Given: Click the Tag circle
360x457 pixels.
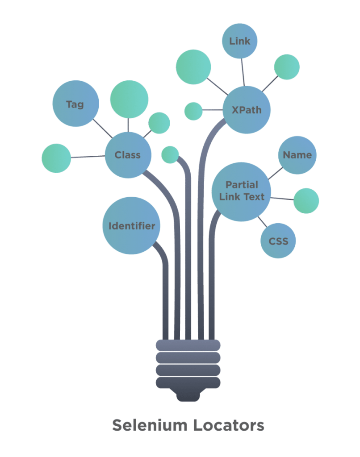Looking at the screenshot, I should [x=75, y=104].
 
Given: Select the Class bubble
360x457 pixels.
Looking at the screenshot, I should [x=128, y=155].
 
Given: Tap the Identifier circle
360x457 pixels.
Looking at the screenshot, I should [x=131, y=226].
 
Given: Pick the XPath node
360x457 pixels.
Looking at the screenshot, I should [x=247, y=110].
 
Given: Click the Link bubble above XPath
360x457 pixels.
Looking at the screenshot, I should [x=240, y=41].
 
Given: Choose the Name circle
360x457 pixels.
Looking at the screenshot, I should [x=297, y=155].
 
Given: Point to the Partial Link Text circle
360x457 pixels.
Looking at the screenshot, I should [x=242, y=191].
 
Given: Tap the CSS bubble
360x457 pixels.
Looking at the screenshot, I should [x=278, y=241].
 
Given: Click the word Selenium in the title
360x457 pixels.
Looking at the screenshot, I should [x=150, y=425].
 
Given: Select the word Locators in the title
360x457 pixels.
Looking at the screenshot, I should [x=229, y=425].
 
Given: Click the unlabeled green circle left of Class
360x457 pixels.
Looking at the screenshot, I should [x=56, y=158].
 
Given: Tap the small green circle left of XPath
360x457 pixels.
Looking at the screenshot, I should [x=193, y=111].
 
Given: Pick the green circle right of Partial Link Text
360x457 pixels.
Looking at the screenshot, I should [x=306, y=200].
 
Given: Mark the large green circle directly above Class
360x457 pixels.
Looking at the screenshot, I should [x=129, y=100].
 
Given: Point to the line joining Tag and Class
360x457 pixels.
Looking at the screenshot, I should [x=102, y=129].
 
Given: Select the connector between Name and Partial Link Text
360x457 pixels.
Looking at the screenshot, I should [x=275, y=173].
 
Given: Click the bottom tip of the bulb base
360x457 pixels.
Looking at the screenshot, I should [x=188, y=398].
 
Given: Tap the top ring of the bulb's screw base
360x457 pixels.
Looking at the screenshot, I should [x=188, y=345].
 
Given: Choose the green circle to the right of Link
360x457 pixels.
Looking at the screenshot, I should [x=287, y=67].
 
